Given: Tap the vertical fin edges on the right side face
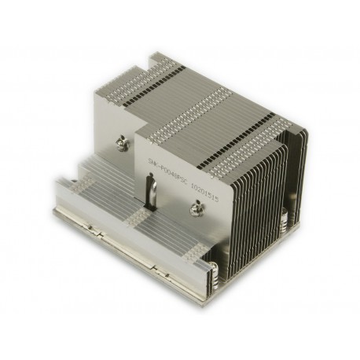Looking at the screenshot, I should pos(267,189).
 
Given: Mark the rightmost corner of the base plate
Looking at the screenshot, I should pos(303,228).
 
